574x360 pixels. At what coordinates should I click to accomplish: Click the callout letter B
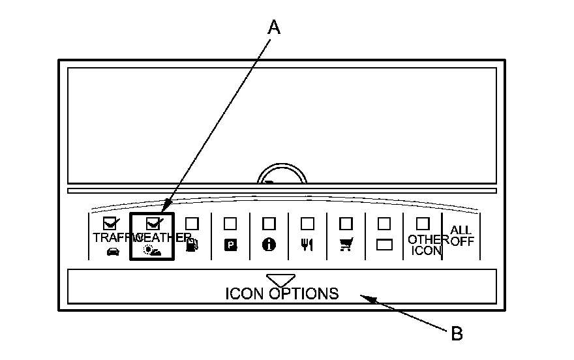[x=457, y=334]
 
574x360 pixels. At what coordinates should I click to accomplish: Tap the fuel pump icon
[x=191, y=246]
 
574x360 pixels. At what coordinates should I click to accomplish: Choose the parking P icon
[x=230, y=245]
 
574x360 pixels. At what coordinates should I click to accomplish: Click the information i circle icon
[x=268, y=245]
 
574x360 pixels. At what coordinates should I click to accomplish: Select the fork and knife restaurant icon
[x=307, y=246]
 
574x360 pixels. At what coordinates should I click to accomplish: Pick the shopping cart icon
[x=345, y=245]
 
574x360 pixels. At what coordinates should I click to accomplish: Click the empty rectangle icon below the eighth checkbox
[x=384, y=245]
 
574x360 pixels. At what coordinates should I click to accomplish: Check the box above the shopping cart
[x=345, y=223]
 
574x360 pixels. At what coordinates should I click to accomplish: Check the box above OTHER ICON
[x=423, y=223]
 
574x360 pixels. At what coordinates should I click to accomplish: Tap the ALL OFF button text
[x=462, y=236]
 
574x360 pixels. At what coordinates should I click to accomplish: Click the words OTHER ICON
[x=424, y=245]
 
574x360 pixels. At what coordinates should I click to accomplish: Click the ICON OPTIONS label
[x=282, y=293]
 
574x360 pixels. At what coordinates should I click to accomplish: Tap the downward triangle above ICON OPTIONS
[x=280, y=279]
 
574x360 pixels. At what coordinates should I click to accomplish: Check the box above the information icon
[x=268, y=223]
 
